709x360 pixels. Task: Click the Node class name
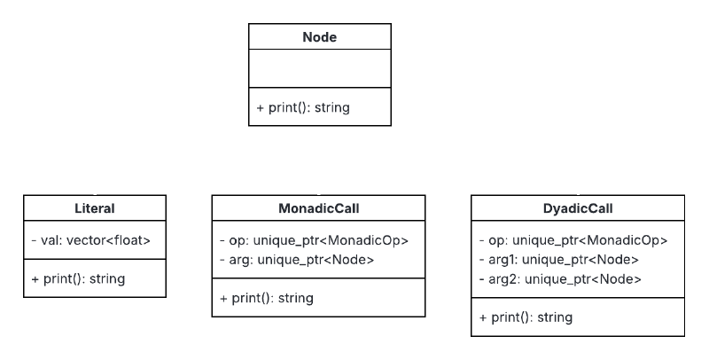click(x=319, y=37)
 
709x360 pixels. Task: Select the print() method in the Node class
click(x=303, y=108)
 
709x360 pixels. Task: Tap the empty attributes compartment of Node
click(x=319, y=68)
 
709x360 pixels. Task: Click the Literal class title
click(x=94, y=209)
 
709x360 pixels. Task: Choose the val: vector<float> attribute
click(x=90, y=239)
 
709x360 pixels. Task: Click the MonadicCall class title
click(x=318, y=209)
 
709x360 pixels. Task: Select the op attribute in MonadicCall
click(x=314, y=239)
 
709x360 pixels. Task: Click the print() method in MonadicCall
click(x=267, y=298)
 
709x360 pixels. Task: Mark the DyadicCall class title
click(x=578, y=209)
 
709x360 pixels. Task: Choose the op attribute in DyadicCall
click(x=573, y=239)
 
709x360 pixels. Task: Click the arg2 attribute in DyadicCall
click(x=559, y=278)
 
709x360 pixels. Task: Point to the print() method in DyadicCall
click(x=526, y=317)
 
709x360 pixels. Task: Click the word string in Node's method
click(x=332, y=108)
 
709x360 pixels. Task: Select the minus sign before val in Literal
click(x=34, y=239)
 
